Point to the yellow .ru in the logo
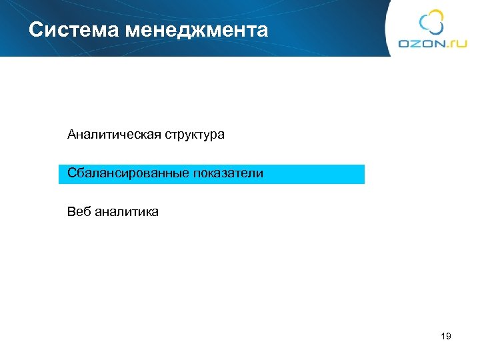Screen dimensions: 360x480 pyautogui.click(x=455, y=43)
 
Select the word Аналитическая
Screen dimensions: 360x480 pyautogui.click(x=106, y=135)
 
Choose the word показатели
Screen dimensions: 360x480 pyautogui.click(x=228, y=173)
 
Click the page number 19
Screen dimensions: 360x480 pyautogui.click(x=446, y=336)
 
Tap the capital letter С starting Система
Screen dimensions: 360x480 pyautogui.click(x=36, y=30)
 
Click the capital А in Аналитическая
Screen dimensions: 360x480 pyautogui.click(x=71, y=135)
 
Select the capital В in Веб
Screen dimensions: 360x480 pyautogui.click(x=71, y=212)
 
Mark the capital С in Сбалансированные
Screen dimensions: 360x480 pyautogui.click(x=71, y=173)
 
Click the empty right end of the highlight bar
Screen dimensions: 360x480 pyautogui.click(x=333, y=174)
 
